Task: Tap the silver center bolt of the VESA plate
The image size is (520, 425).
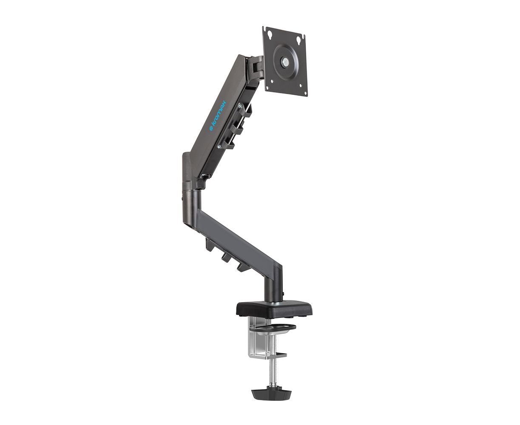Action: [286, 62]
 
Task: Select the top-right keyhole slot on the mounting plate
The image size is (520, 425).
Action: [299, 40]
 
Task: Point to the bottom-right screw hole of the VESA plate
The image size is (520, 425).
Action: [301, 86]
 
